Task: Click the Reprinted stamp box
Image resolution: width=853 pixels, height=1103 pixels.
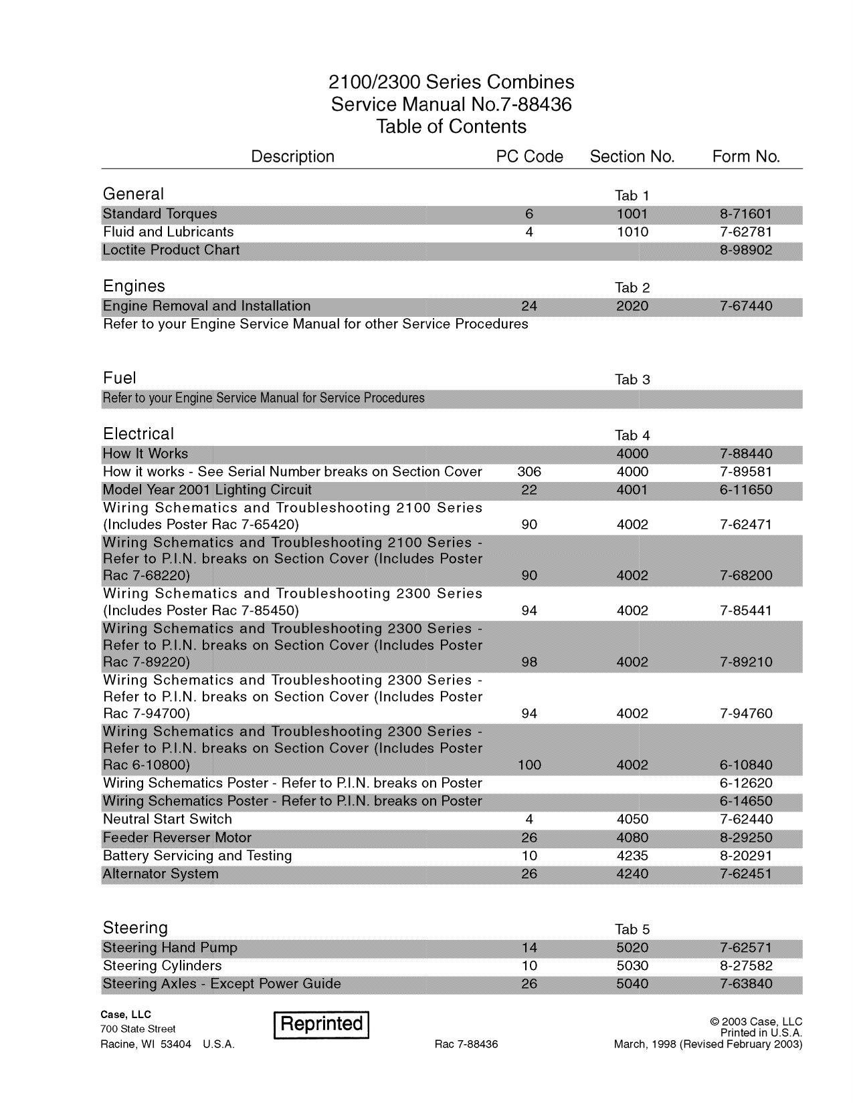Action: click(x=321, y=1024)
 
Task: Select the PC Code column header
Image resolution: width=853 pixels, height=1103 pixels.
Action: click(x=529, y=156)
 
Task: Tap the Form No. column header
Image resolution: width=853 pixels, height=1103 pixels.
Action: click(x=746, y=156)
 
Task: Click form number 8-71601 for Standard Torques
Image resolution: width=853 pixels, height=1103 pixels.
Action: click(x=746, y=214)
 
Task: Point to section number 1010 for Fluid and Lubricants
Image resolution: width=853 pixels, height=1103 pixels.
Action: click(x=632, y=232)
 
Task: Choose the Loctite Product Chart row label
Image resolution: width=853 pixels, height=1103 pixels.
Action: click(x=171, y=250)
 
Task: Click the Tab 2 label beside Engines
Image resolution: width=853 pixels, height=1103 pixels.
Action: click(x=632, y=288)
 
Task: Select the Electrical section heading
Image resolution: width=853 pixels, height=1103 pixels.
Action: click(x=138, y=434)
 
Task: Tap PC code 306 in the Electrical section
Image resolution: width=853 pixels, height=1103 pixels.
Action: click(x=529, y=472)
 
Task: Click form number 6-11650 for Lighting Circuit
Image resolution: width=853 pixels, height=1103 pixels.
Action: click(x=746, y=490)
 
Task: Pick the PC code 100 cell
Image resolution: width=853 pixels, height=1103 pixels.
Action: click(x=529, y=765)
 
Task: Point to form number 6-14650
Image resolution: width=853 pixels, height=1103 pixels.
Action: click(x=746, y=801)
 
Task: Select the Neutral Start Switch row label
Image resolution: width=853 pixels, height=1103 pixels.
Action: click(x=167, y=820)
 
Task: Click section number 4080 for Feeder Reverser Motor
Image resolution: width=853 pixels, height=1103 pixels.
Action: click(x=632, y=838)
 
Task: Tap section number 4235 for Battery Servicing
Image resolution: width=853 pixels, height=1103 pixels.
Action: click(x=632, y=856)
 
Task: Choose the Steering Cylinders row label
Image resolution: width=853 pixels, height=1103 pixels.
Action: click(x=162, y=966)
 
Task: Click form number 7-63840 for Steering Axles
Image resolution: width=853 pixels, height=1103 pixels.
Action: click(x=746, y=984)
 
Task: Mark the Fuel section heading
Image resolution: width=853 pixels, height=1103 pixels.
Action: click(x=119, y=378)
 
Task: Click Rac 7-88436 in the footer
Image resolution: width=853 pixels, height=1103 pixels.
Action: click(x=466, y=1044)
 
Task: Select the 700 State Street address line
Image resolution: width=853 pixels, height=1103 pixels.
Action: click(x=138, y=1029)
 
